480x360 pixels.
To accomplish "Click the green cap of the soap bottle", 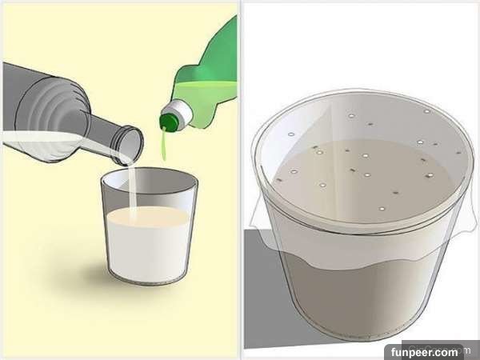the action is point(168,122).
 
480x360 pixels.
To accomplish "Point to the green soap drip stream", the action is point(164,145).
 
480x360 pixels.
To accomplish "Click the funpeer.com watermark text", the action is point(424,352).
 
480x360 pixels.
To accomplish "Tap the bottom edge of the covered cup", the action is point(352,337).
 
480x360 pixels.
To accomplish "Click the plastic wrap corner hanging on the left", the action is point(260,221).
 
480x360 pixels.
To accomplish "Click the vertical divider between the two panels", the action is point(241,180).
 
